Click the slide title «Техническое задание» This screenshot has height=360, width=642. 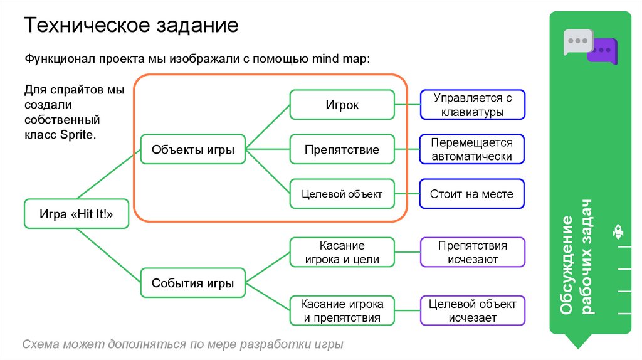pyautogui.click(x=131, y=26)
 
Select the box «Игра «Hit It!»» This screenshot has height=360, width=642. pyautogui.click(x=76, y=214)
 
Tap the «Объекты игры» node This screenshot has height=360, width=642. pyautogui.click(x=193, y=150)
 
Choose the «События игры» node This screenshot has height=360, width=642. pyautogui.click(x=193, y=283)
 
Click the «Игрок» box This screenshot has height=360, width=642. pyautogui.click(x=342, y=105)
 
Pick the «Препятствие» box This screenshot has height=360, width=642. pyautogui.click(x=342, y=150)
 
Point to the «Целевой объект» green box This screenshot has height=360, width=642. pyautogui.click(x=342, y=194)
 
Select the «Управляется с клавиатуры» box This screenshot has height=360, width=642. pyautogui.click(x=472, y=105)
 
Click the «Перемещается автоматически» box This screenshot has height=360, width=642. pyautogui.click(x=472, y=150)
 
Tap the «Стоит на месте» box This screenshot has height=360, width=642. pyautogui.click(x=472, y=194)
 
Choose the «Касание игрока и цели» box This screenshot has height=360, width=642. pyautogui.click(x=342, y=252)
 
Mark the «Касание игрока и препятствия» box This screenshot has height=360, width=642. pyautogui.click(x=342, y=310)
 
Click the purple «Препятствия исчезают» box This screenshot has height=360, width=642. pyautogui.click(x=472, y=252)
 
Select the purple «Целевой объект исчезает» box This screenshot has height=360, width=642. pyautogui.click(x=472, y=310)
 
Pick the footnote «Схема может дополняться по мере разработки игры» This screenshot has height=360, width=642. pyautogui.click(x=183, y=345)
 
